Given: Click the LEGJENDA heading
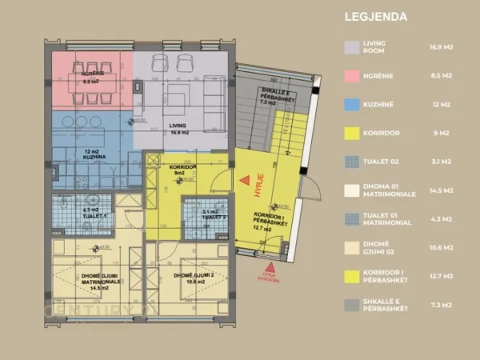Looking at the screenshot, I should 376,16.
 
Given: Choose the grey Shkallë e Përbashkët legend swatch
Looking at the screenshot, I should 350,306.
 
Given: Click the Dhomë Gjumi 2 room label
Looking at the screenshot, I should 193,277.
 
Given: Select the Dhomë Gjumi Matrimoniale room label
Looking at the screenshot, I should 89,282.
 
